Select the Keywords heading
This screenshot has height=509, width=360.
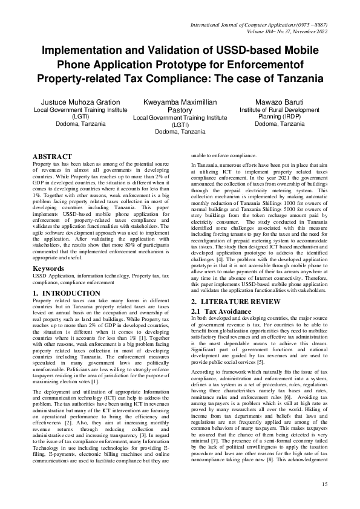[x=48, y=268]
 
